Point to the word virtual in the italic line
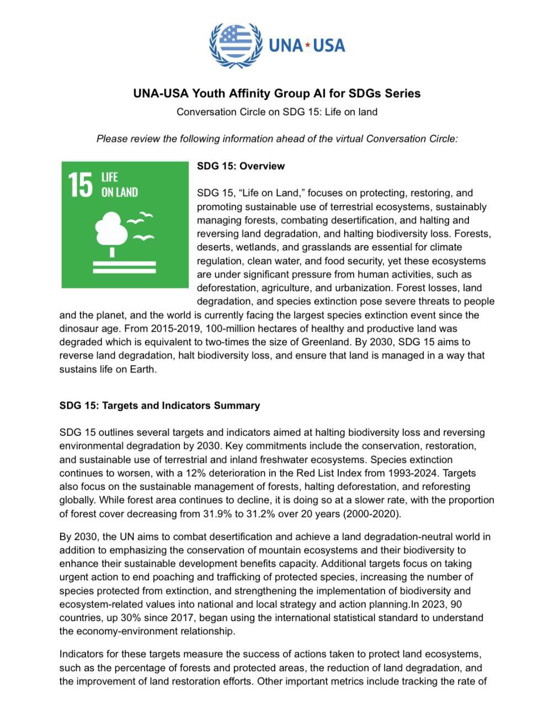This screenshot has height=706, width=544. click(x=345, y=138)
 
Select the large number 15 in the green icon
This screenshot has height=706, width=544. click(x=81, y=185)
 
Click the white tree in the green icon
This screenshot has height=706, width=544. click(x=112, y=232)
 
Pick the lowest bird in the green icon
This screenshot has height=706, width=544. click(x=145, y=238)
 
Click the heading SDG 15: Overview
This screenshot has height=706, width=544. click(x=241, y=166)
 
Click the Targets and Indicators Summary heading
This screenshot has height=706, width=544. click(x=159, y=405)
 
